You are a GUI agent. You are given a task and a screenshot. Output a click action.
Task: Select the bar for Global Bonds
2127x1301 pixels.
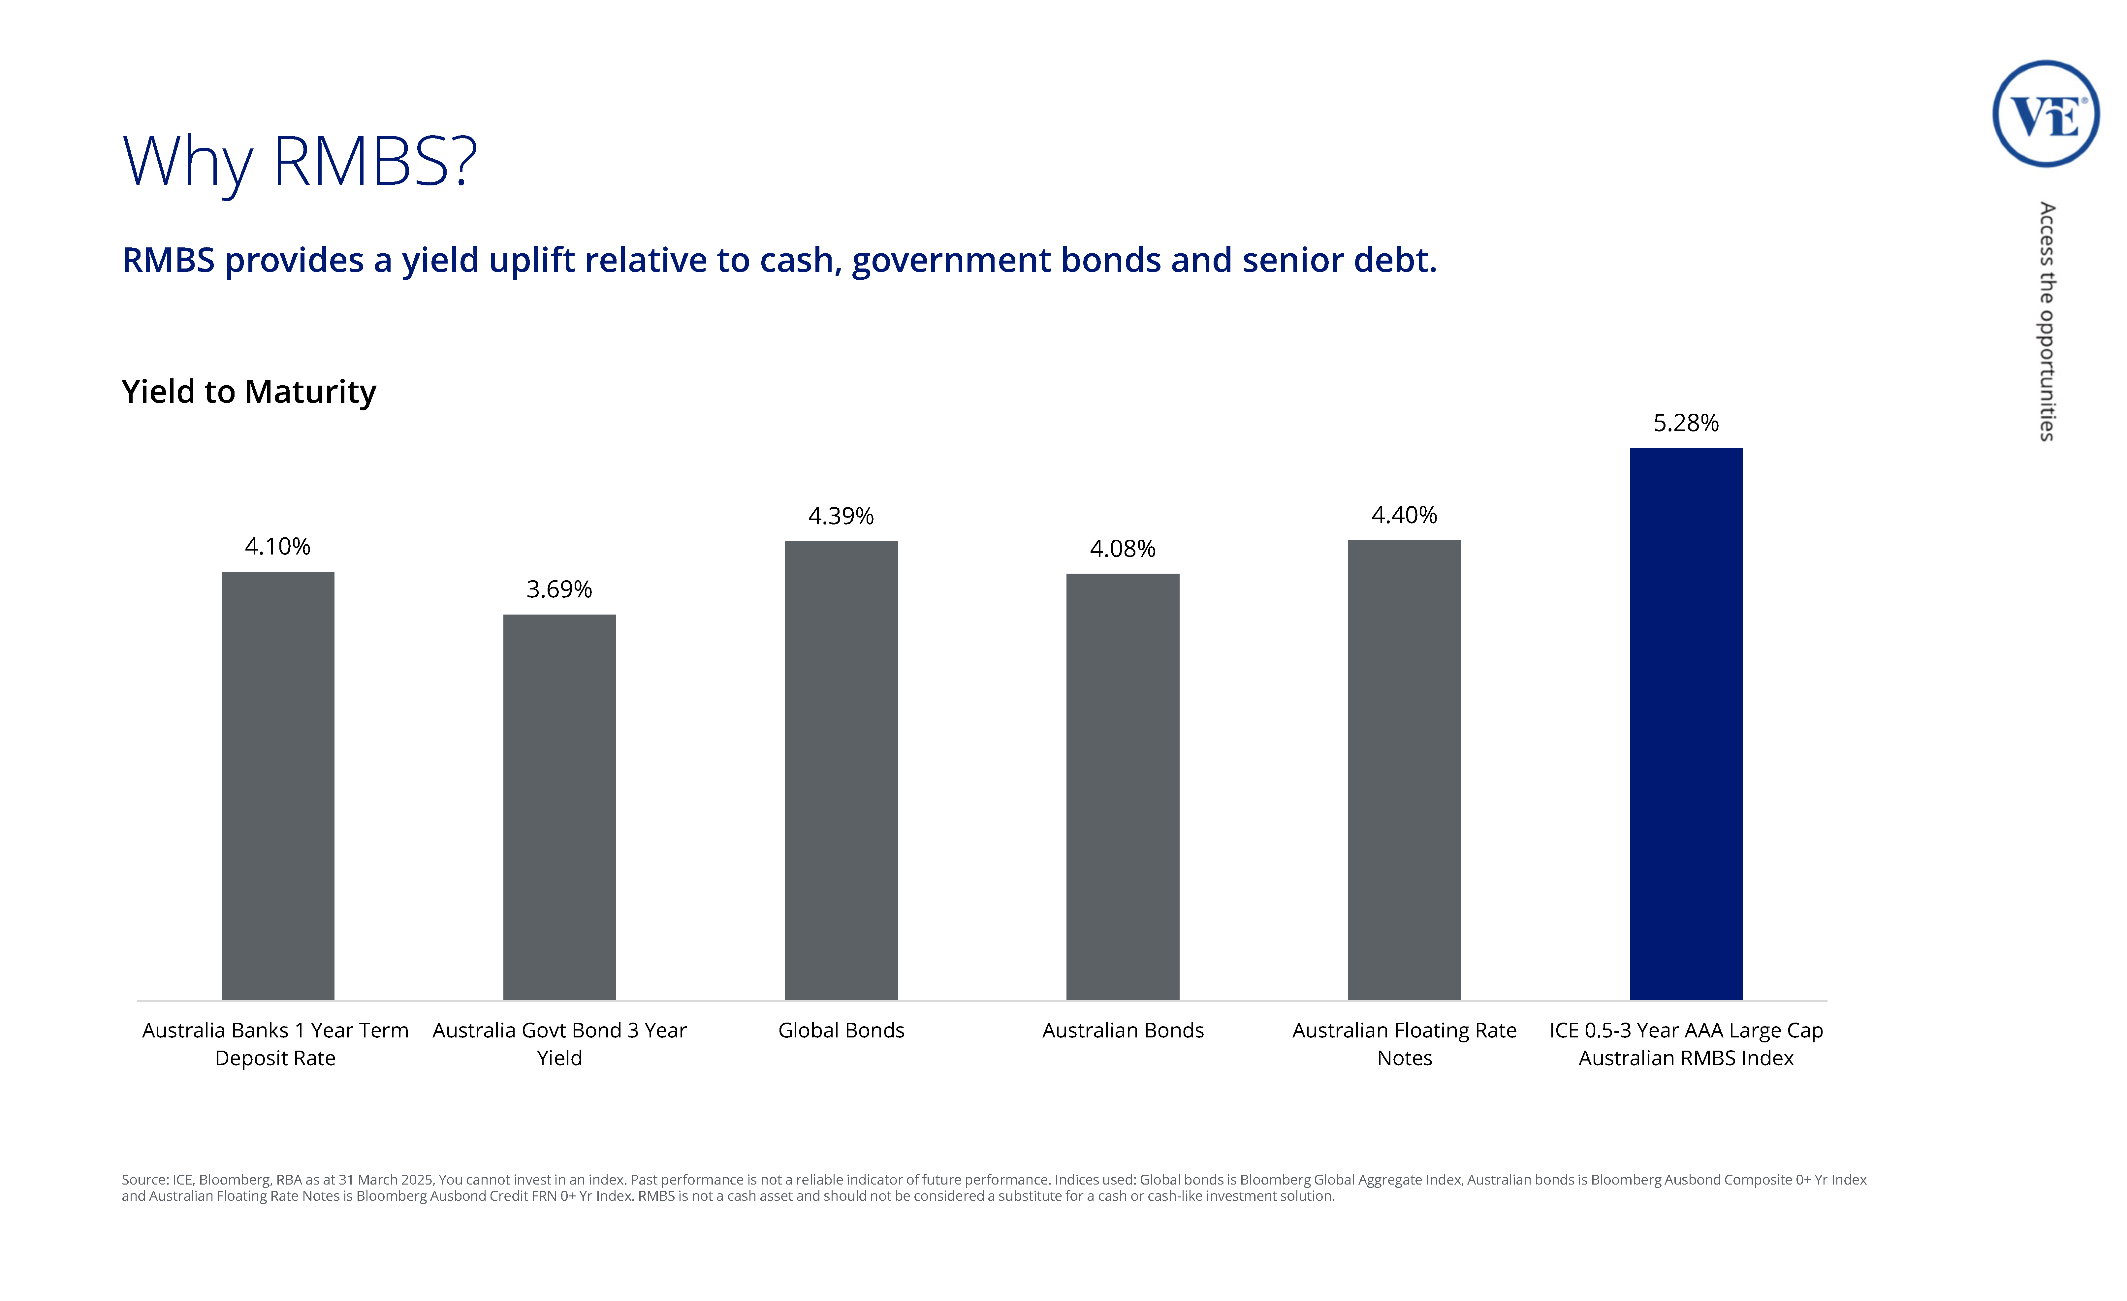point(841,770)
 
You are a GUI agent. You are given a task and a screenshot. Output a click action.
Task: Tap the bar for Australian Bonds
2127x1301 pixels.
point(1122,786)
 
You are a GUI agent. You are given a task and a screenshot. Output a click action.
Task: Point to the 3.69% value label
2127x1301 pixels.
point(559,589)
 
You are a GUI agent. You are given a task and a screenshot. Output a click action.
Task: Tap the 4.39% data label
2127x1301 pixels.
point(841,516)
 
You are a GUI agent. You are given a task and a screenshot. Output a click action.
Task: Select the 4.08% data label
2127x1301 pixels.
point(1122,549)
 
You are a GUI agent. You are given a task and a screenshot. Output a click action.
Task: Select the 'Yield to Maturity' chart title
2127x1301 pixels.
point(249,392)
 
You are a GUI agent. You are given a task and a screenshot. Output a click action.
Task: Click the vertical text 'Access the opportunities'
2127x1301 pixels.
point(2047,321)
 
